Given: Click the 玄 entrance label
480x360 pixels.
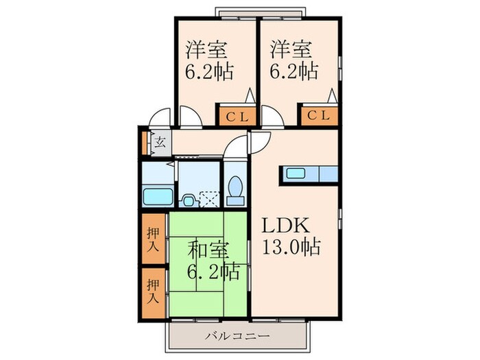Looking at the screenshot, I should pos(159,143).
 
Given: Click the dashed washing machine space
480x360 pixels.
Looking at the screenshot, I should pos(210,197).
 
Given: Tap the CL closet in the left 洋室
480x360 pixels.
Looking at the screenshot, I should pos(237,116).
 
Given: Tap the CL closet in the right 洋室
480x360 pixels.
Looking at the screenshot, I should pos(318,116).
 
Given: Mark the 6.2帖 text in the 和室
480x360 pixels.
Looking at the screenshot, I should pos(213,272).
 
